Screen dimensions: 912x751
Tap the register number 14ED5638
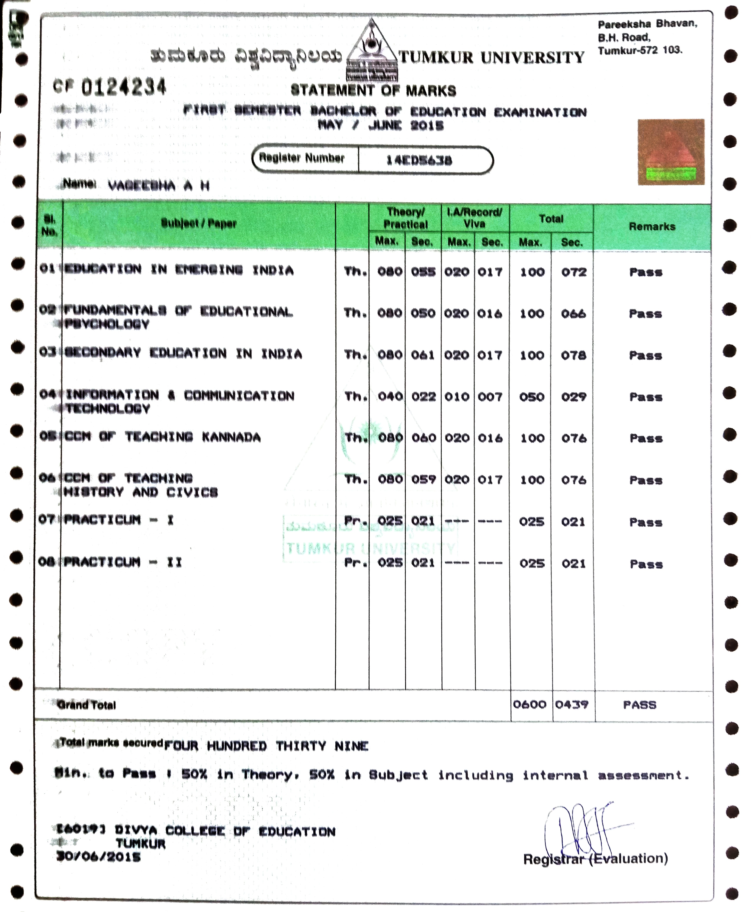click(419, 160)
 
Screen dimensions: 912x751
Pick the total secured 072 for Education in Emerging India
click(574, 272)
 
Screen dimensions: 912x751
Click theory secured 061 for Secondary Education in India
click(423, 355)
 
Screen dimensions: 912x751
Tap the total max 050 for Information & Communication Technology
click(532, 397)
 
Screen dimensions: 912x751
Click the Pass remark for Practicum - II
click(646, 564)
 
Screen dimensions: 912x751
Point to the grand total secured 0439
click(572, 704)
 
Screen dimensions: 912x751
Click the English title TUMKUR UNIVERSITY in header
click(491, 57)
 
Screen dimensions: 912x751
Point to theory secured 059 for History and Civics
click(423, 479)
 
